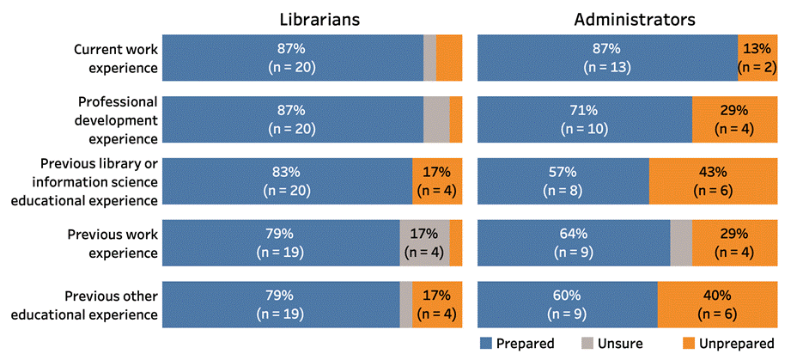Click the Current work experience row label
[x=115, y=58]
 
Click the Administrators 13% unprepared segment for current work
[x=757, y=58]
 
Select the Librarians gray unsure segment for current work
[x=429, y=58]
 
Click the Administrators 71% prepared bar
[x=584, y=119]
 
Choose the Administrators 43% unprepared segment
[x=713, y=180]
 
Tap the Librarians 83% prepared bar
[x=287, y=180]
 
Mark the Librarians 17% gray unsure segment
[x=424, y=242]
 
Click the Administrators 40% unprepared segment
[x=717, y=304]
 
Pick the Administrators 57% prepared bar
[x=563, y=180]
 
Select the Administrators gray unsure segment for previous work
[x=680, y=242]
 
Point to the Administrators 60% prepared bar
[x=567, y=304]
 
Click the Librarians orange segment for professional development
[x=456, y=119]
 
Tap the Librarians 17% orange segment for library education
[x=437, y=180]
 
